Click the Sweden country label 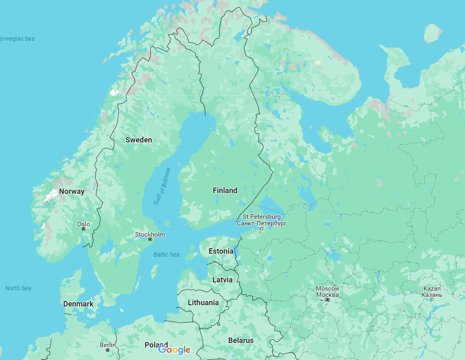pos(139,140)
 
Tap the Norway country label pos(71,191)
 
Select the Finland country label pos(225,191)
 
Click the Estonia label pos(221,251)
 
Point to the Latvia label pos(222,280)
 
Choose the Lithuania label pos(203,303)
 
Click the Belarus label pos(241,340)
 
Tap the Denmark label pos(78,304)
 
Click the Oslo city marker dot pos(84,229)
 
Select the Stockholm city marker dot pos(150,240)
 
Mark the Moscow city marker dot pos(327,300)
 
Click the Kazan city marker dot pos(432,299)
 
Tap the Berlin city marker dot pos(108,350)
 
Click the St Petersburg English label pos(261,217)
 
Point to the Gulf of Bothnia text pos(162,186)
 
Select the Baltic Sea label pos(166,255)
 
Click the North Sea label pos(18,288)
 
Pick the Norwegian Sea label pos(17,39)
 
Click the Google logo pos(174,350)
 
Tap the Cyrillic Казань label pos(432,295)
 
